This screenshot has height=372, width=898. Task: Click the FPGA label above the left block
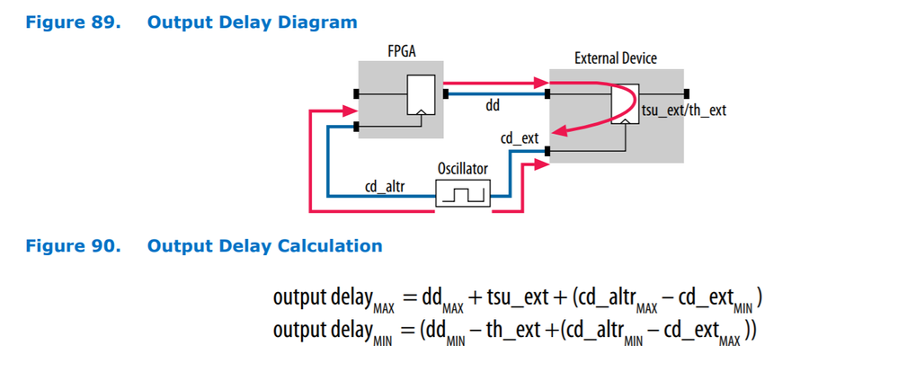[x=400, y=52]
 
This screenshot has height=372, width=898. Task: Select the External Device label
[x=615, y=58]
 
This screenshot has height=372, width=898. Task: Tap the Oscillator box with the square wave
[x=464, y=193]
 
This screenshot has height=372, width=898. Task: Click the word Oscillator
[x=464, y=168]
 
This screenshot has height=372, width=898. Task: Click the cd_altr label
[x=385, y=187]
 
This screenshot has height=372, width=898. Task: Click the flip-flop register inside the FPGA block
[x=419, y=95]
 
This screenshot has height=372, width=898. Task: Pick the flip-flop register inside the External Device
[x=627, y=104]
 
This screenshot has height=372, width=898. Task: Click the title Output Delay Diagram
[x=252, y=22]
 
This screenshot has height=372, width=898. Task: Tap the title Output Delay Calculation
[x=264, y=245]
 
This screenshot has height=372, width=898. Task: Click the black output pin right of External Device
[x=686, y=93]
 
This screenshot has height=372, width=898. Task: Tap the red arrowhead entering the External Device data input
[x=543, y=84]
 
